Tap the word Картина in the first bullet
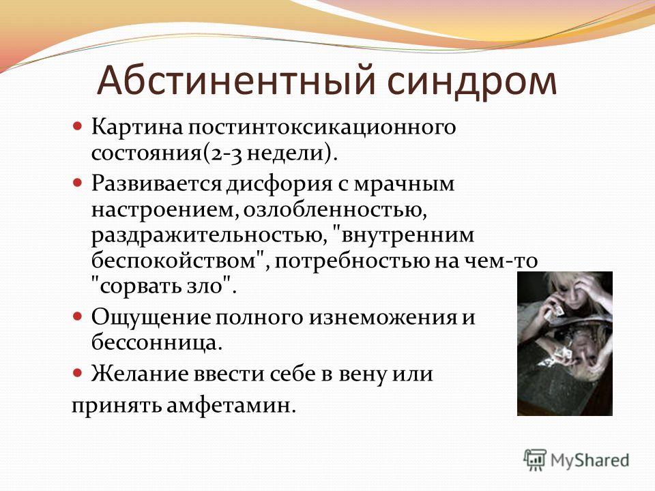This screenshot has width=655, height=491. coord(137,127)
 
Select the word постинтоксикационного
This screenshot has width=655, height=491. coord(321,128)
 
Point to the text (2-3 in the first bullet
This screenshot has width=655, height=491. coord(223,153)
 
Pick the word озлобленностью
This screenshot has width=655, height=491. coord(335,209)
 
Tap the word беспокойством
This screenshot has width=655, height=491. coord(174,261)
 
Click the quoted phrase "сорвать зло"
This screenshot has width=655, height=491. coord(162,286)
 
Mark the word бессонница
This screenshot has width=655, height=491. coord(154,343)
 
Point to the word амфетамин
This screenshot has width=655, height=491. coord(228,406)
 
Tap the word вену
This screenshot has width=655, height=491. coord(362,374)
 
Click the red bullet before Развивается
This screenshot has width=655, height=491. coord(78,183)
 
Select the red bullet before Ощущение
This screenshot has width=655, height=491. coord(78,316)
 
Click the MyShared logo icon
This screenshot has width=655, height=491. coord(535,460)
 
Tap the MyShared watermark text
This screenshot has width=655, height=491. coord(589,460)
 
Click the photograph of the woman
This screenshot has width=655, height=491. coord(565,343)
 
